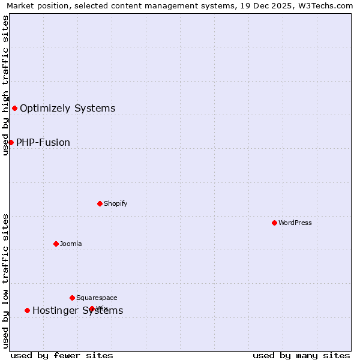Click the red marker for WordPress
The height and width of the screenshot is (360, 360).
(x=274, y=223)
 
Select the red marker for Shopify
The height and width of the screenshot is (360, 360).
(x=100, y=203)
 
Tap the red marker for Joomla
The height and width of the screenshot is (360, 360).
(x=56, y=244)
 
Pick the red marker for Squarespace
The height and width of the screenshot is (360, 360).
(x=72, y=298)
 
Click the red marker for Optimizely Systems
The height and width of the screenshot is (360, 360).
(x=14, y=108)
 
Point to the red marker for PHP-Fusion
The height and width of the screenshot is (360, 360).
(x=11, y=142)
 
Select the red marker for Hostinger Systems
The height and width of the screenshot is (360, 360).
(x=27, y=310)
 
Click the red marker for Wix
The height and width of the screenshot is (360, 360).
(x=92, y=308)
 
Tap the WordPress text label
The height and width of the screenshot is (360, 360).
(x=295, y=223)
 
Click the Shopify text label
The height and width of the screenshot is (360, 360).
(x=116, y=203)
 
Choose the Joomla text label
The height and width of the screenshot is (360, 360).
(x=71, y=244)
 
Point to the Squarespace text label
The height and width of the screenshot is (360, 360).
(x=97, y=298)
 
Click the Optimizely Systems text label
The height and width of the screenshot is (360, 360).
(x=68, y=108)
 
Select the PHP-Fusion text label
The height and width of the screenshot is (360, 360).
(x=43, y=142)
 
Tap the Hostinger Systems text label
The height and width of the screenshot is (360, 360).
(x=78, y=310)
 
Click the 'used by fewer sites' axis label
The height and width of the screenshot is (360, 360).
(x=62, y=355)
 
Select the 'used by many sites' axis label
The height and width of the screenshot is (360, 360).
(x=301, y=355)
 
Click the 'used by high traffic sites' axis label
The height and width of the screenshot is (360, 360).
(x=5, y=85)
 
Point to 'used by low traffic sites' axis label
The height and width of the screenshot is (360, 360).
(x=5, y=280)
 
